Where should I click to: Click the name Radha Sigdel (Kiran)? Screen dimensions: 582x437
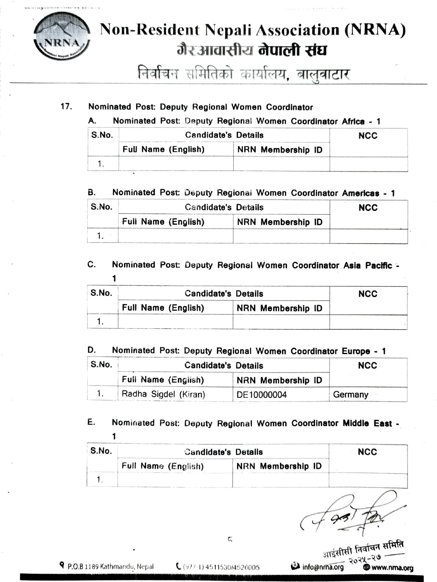[163, 394]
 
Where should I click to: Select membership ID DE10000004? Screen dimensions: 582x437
[262, 395]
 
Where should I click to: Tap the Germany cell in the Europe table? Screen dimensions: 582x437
[351, 394]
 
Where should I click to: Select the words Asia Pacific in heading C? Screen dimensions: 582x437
[368, 265]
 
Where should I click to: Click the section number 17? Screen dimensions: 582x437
[66, 107]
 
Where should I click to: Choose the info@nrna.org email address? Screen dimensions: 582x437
[323, 567]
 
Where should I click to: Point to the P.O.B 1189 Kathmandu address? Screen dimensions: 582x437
[110, 566]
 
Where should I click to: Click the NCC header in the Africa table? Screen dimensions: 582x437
[368, 136]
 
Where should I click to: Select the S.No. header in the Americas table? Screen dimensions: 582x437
[102, 207]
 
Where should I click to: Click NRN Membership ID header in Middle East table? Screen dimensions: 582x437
[279, 466]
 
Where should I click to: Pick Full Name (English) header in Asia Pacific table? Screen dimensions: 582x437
[163, 308]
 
